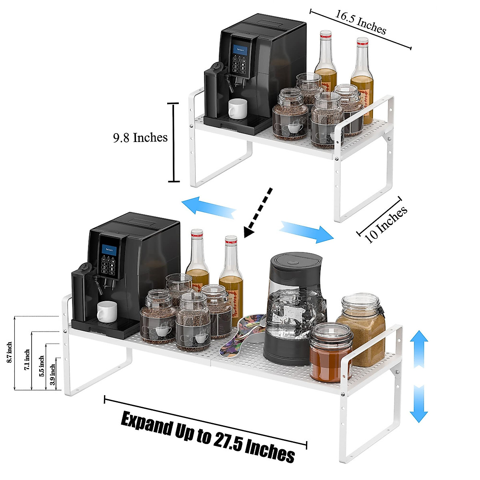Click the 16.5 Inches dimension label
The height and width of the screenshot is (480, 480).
tap(361, 22)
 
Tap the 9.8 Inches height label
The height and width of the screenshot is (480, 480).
tap(140, 138)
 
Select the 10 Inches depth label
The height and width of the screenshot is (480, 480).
tap(386, 224)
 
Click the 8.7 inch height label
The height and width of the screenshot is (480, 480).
tap(10, 352)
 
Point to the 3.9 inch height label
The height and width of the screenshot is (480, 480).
tap(52, 374)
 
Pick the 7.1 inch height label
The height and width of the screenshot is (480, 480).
tap(27, 360)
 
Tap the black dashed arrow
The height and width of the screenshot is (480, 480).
tap(258, 213)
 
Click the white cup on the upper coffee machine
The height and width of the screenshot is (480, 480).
tap(238, 109)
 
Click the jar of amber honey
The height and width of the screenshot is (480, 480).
tap(331, 352)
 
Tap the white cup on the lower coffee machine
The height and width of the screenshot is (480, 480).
tap(107, 312)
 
